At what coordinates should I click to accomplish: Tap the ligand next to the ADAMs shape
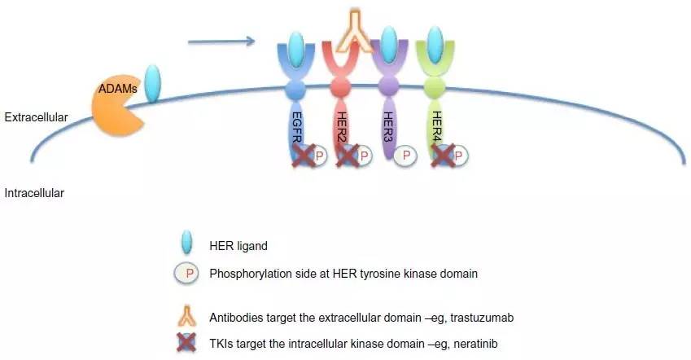point(153,84)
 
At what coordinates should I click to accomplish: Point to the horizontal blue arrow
point(221,42)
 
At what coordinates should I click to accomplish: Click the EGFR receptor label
point(296,127)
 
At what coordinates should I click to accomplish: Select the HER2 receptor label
point(341,127)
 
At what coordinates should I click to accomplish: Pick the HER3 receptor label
point(387,127)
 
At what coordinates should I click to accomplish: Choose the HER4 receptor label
point(436,127)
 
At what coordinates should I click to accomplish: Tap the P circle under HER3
point(405,156)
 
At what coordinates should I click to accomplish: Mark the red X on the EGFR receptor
point(304,156)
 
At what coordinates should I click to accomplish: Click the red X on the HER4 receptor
point(444,156)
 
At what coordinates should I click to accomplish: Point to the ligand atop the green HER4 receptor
point(435,45)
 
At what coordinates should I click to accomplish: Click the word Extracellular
point(36,117)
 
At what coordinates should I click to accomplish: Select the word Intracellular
point(34,193)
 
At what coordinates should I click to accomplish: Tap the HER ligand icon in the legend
point(187,242)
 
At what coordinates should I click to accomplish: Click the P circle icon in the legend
point(187,274)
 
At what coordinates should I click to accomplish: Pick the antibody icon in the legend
point(187,316)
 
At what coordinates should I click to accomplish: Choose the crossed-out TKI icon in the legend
point(186,343)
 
